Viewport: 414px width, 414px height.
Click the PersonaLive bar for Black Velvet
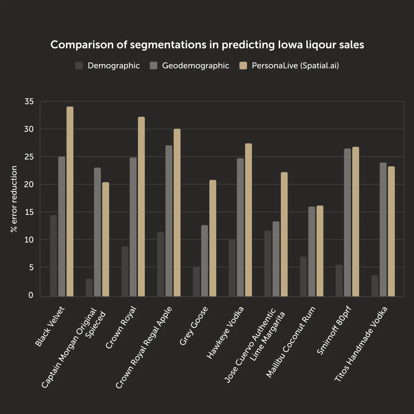70,201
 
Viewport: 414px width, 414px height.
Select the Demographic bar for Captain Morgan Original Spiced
89,288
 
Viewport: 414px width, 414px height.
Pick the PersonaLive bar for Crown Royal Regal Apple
177,213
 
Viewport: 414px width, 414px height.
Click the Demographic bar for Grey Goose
196,282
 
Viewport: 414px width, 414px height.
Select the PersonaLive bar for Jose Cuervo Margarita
284,234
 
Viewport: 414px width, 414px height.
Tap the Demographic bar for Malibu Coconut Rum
303,277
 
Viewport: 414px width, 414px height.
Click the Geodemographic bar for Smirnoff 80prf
347,223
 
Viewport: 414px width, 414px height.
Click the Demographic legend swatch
79,66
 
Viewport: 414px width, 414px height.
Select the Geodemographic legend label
196,66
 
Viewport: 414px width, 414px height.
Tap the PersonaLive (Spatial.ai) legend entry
295,66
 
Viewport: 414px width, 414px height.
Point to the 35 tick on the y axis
29,101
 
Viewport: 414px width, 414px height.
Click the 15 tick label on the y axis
29,212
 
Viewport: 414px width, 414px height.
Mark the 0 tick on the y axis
31,295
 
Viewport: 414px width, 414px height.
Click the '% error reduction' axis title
14,199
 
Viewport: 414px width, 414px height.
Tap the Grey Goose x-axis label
194,326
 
